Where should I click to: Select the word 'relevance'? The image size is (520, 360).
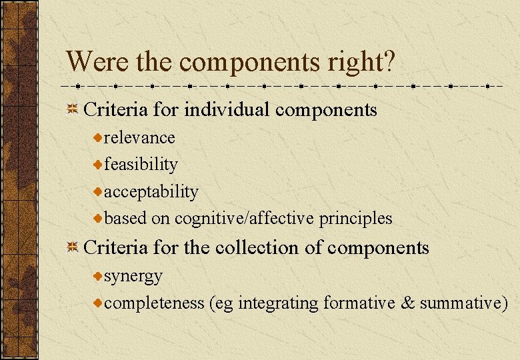[139, 138]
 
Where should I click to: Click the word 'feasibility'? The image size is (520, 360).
[141, 165]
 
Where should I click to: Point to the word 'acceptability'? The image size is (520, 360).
[151, 192]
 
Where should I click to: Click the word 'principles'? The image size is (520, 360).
[356, 219]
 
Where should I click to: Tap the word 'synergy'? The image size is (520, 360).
[133, 276]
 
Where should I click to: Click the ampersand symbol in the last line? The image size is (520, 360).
[407, 303]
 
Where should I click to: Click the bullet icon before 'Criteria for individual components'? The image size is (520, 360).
[73, 109]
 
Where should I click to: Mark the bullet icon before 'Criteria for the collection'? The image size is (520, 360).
[73, 248]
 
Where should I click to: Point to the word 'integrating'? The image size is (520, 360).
[278, 303]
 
